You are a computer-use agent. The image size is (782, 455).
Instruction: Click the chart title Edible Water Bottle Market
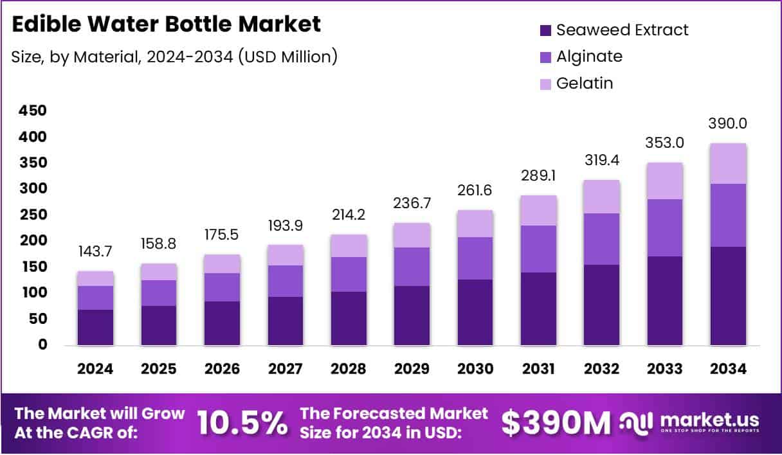tap(166, 24)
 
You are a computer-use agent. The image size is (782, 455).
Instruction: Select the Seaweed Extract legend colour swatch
tap(546, 30)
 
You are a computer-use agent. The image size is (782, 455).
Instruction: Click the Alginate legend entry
tap(589, 57)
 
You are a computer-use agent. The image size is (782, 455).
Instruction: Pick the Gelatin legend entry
tap(585, 83)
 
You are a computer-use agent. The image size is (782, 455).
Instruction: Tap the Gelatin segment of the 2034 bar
tap(728, 163)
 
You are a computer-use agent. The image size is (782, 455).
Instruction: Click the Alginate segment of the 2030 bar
tap(475, 258)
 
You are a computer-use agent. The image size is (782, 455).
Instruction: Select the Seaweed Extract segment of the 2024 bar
tap(95, 327)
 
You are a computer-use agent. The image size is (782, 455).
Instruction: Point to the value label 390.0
tap(728, 123)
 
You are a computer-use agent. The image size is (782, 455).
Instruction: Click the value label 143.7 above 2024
tap(95, 252)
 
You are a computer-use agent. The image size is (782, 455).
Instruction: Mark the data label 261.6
tap(475, 190)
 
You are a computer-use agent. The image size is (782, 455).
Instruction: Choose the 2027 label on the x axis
tap(285, 369)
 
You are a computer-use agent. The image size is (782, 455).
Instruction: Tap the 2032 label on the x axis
tap(601, 369)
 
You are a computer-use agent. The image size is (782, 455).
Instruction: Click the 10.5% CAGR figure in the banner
tap(242, 422)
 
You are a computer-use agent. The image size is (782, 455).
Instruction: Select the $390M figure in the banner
tap(555, 422)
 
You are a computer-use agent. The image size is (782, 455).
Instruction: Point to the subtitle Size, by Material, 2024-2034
tap(174, 57)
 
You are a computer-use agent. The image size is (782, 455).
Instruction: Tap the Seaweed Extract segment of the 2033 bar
tap(664, 301)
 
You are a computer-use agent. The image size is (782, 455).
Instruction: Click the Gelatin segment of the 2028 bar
tap(348, 245)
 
